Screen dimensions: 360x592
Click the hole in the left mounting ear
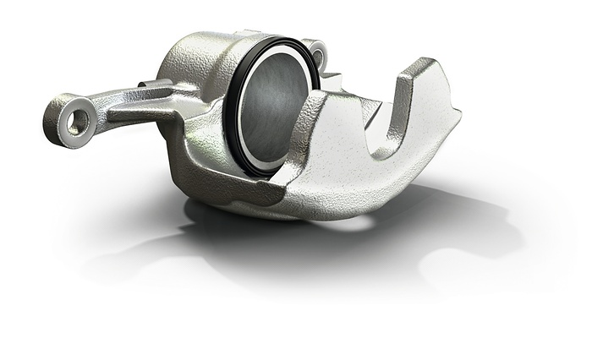(x=78, y=123)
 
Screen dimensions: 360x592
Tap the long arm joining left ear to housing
(x=127, y=108)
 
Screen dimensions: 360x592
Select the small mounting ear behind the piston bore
(x=315, y=52)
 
